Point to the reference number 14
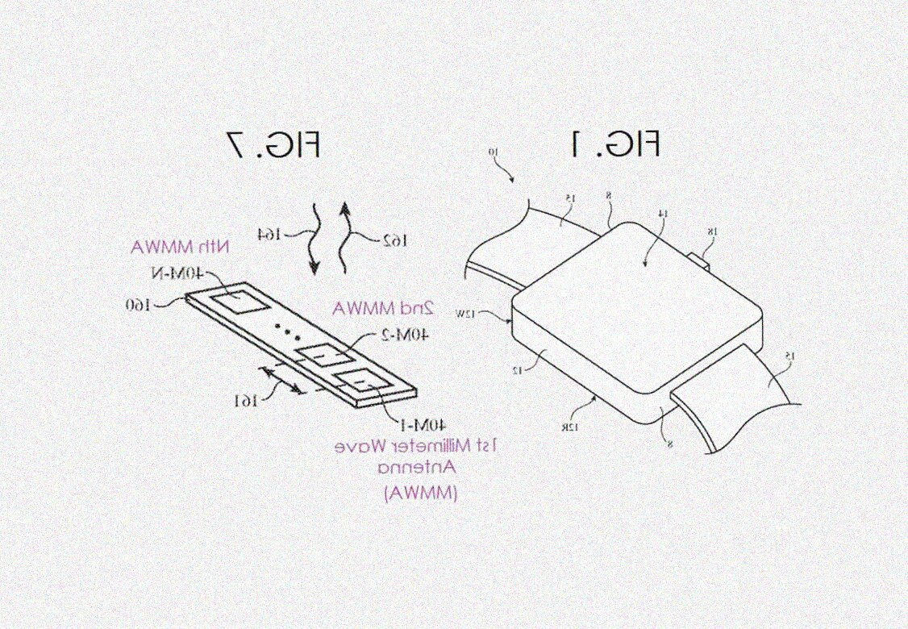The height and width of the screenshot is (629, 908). tap(661, 214)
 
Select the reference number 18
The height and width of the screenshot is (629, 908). tap(711, 232)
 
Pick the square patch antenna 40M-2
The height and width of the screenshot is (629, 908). tap(323, 358)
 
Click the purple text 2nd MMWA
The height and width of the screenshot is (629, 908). tap(383, 307)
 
